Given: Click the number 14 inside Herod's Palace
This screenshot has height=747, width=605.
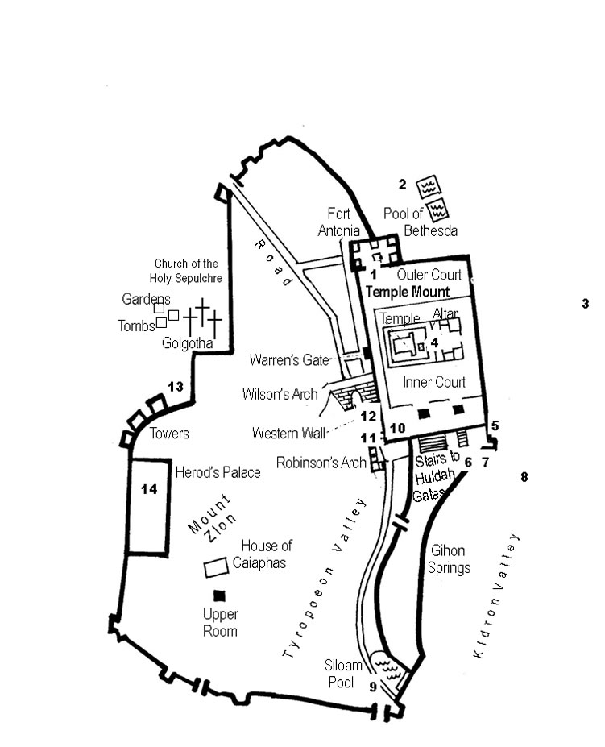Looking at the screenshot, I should coord(148,490).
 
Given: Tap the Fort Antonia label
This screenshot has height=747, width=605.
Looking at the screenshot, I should coord(338,222).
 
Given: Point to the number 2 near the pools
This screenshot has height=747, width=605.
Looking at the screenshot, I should coord(402,184).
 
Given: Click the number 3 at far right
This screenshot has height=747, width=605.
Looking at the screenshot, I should coord(585,304).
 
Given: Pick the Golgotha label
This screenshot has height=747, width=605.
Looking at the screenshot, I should coord(187,344).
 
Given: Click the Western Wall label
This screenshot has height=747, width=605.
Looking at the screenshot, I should coord(288,434).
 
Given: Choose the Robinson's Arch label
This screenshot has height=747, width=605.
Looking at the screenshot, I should coord(320,463).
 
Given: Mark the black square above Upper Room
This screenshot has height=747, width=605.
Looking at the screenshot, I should coord(218,595).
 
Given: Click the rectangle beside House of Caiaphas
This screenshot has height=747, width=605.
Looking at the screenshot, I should coord(215,567).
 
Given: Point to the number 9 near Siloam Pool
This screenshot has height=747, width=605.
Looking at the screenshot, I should coord(372,687).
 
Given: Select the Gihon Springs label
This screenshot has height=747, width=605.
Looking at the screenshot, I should coord(450,559).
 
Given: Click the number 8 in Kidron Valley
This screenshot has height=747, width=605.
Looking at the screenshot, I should coord(524,477).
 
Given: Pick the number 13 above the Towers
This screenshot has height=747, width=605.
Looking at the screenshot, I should coord(176,387).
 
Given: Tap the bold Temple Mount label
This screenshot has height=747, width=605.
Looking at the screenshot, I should coord(407,292).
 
